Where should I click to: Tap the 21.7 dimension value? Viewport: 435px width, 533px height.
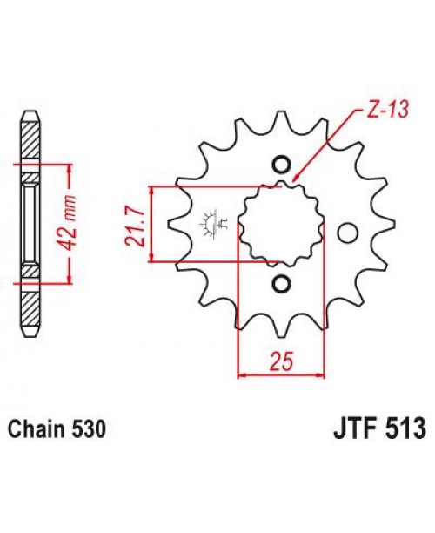(x=135, y=225)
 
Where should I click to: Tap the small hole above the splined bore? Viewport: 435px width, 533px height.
(x=280, y=165)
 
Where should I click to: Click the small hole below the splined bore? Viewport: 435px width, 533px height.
(x=280, y=284)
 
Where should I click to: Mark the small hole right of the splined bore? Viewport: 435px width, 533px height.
(x=347, y=233)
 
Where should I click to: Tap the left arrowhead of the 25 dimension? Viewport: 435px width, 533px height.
(x=243, y=375)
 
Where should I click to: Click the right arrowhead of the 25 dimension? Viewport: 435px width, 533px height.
(x=321, y=375)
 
